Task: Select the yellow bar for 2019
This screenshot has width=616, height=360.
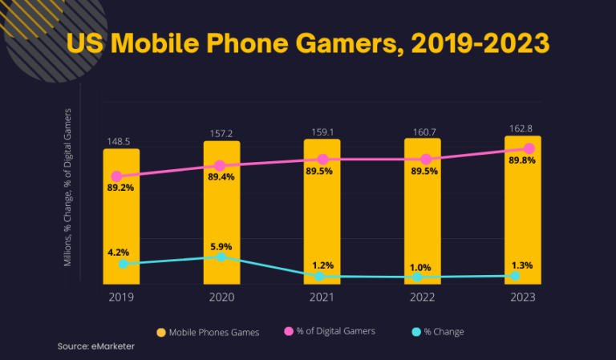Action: point(121,224)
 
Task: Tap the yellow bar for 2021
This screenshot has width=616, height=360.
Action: point(322,216)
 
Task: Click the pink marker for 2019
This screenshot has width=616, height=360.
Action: point(117,176)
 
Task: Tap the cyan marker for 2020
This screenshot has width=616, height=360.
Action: point(221,257)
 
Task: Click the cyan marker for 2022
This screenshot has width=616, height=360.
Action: point(418,277)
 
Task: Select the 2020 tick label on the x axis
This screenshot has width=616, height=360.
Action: point(221,297)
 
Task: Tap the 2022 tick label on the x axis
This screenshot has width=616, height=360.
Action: point(422,297)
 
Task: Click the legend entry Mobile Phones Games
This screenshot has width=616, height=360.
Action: point(208,332)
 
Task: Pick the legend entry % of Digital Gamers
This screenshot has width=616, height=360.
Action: point(330,331)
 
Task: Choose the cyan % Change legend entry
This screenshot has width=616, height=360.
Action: point(438,332)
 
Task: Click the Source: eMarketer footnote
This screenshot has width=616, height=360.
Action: point(95,346)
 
